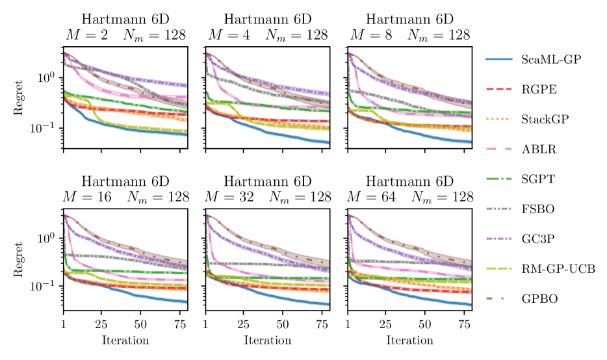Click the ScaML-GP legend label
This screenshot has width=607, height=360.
(x=550, y=59)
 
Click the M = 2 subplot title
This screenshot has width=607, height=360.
(x=125, y=27)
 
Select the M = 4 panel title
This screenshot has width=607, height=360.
(x=268, y=27)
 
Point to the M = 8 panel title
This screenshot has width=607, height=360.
(x=410, y=27)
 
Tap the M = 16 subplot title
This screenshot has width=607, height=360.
(x=125, y=188)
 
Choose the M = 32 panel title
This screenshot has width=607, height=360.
(x=268, y=188)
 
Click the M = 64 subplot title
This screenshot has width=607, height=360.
(x=410, y=188)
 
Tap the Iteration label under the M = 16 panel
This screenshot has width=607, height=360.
(x=125, y=341)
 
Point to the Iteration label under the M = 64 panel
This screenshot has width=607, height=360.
(x=410, y=341)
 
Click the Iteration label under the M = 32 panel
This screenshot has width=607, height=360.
(x=268, y=341)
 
